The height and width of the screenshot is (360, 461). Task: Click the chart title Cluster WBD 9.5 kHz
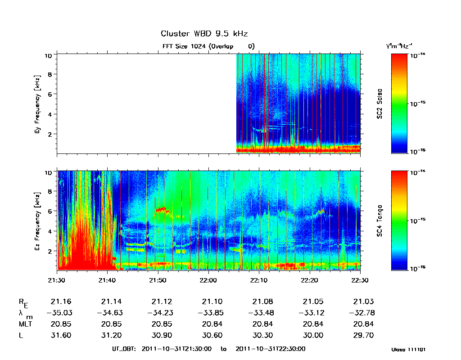point(204,34)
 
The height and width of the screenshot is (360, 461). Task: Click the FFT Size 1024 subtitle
point(208,46)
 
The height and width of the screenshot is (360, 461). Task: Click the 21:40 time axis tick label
point(107,280)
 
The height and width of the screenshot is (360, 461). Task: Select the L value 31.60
point(62,335)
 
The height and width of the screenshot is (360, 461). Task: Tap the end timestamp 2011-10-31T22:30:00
point(271,349)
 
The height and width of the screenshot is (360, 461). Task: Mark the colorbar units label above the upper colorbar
point(397,46)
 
